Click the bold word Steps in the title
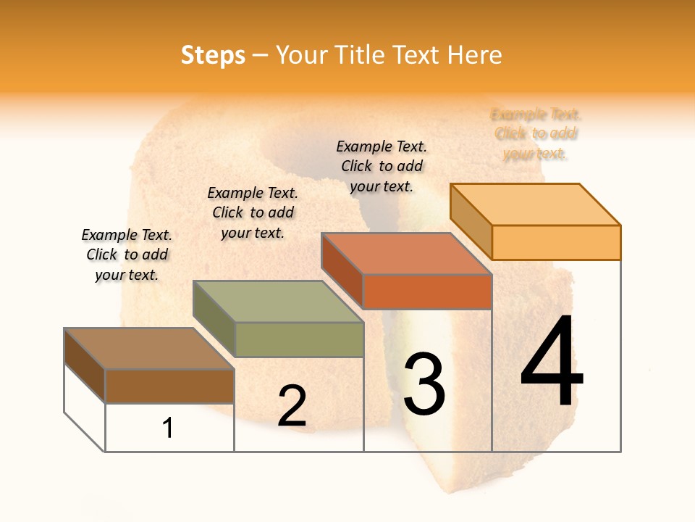point(213,56)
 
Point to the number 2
point(292,406)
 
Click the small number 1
point(168,428)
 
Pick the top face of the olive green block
point(278,302)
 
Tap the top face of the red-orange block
point(407,254)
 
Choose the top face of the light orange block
point(536,204)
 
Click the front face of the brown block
point(169,386)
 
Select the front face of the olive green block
point(299,339)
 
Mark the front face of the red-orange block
point(427,291)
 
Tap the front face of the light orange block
point(556,242)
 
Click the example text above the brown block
point(127,254)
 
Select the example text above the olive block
point(253,212)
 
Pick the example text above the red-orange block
point(382,166)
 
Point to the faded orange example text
point(536,133)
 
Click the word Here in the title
point(475,56)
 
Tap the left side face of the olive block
point(214,319)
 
